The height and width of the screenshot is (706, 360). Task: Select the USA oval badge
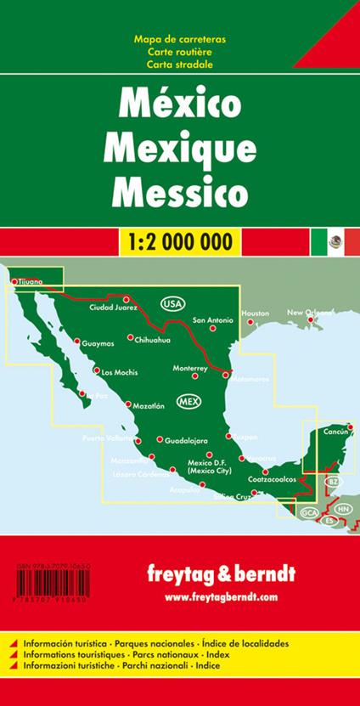[172, 304]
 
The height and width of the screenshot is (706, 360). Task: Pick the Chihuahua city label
[153, 340]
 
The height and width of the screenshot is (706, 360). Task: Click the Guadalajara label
[187, 442]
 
